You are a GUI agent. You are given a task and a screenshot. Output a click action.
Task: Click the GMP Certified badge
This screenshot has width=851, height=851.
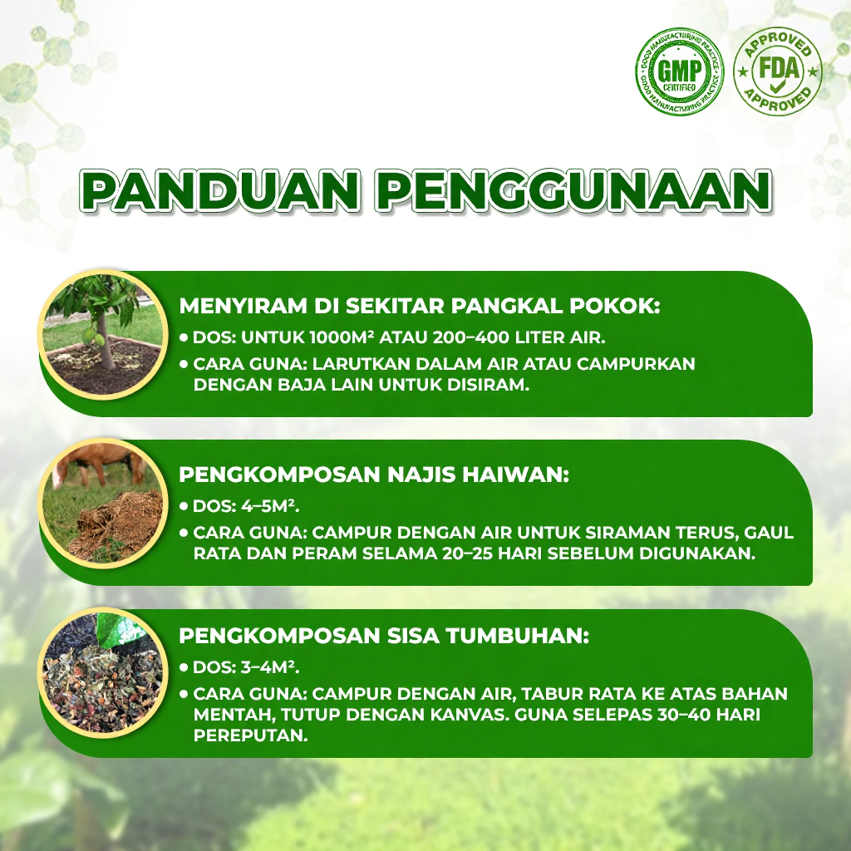click(x=680, y=71)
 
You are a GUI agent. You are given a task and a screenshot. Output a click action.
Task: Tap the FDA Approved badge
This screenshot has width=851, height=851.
click(x=778, y=71)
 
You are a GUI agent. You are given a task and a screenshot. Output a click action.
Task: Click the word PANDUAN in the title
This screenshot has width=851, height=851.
click(x=219, y=190)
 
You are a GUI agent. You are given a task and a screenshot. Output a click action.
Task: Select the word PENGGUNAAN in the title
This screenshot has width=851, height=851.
click(x=573, y=190)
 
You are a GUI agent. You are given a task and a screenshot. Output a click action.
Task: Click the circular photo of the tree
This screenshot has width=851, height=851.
click(x=103, y=334)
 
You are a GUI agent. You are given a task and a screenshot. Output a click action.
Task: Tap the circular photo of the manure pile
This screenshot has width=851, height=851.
click(x=103, y=503)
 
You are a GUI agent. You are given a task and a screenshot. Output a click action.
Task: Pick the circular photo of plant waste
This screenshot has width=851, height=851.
click(x=103, y=673)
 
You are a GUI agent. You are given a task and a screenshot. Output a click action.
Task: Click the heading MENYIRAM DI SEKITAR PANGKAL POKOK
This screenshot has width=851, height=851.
click(x=420, y=306)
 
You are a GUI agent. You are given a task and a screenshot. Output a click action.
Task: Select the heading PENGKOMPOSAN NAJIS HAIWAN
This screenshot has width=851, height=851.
click(x=374, y=475)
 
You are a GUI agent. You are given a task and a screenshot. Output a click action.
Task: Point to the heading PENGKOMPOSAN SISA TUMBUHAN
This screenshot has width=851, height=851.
click(x=384, y=636)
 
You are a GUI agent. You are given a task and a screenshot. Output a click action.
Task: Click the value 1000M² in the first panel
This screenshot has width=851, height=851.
click(x=341, y=337)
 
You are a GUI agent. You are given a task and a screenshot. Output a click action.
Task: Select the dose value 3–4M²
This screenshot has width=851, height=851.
click(x=270, y=667)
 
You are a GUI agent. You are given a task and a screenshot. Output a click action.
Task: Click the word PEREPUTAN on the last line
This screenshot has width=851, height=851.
click(x=251, y=735)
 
